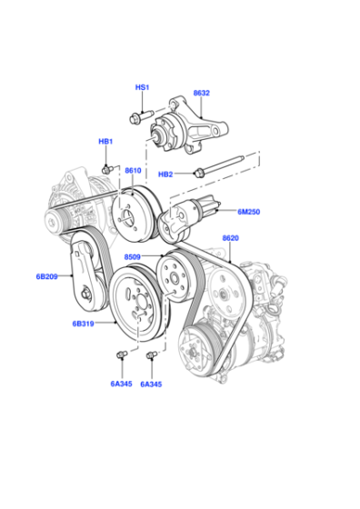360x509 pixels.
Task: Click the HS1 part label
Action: [142, 87]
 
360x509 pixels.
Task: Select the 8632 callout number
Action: [202, 93]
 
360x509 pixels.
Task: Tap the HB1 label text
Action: [105, 142]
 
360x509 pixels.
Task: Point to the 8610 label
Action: [133, 171]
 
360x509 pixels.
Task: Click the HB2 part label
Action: [165, 175]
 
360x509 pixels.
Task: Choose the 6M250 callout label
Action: [249, 212]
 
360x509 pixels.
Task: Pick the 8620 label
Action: [231, 238]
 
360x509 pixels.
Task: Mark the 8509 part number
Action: [133, 256]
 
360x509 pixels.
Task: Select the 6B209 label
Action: [46, 276]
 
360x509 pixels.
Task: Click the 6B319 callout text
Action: [83, 324]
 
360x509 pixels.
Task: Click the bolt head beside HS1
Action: [134, 118]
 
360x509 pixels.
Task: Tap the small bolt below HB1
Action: [106, 169]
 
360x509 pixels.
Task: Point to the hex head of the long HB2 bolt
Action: [197, 173]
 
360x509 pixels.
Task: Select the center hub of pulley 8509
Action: [175, 278]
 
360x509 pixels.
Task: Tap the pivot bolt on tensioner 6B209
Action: [85, 294]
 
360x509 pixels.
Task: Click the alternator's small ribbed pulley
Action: [54, 222]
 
